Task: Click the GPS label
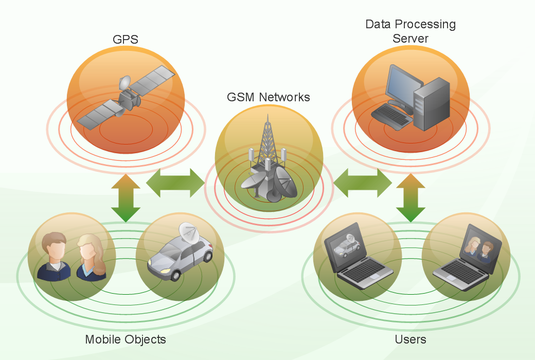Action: tap(126, 40)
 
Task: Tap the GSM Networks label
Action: tap(269, 97)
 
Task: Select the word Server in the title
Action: tap(410, 39)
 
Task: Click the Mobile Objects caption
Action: tap(126, 339)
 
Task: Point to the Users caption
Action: tap(411, 339)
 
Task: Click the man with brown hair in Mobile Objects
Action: tap(55, 257)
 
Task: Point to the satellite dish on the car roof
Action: tap(189, 234)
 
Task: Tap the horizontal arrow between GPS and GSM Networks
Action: tap(175, 183)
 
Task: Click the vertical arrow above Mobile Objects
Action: tap(126, 199)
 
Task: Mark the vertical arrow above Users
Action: tap(411, 199)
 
